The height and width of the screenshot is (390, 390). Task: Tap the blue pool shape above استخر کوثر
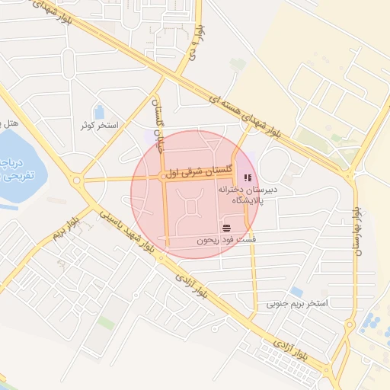coord(99,112)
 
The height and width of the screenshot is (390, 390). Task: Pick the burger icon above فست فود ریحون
coord(226,228)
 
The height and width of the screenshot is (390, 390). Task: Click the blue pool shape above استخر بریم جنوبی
coord(296,292)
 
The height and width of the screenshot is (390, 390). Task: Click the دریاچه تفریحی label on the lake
coord(11,169)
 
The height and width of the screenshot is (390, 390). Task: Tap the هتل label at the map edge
coord(9,123)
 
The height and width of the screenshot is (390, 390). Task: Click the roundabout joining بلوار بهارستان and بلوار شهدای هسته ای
coord(352,177)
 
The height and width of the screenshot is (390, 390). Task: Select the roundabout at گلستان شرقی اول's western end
coord(77,181)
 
